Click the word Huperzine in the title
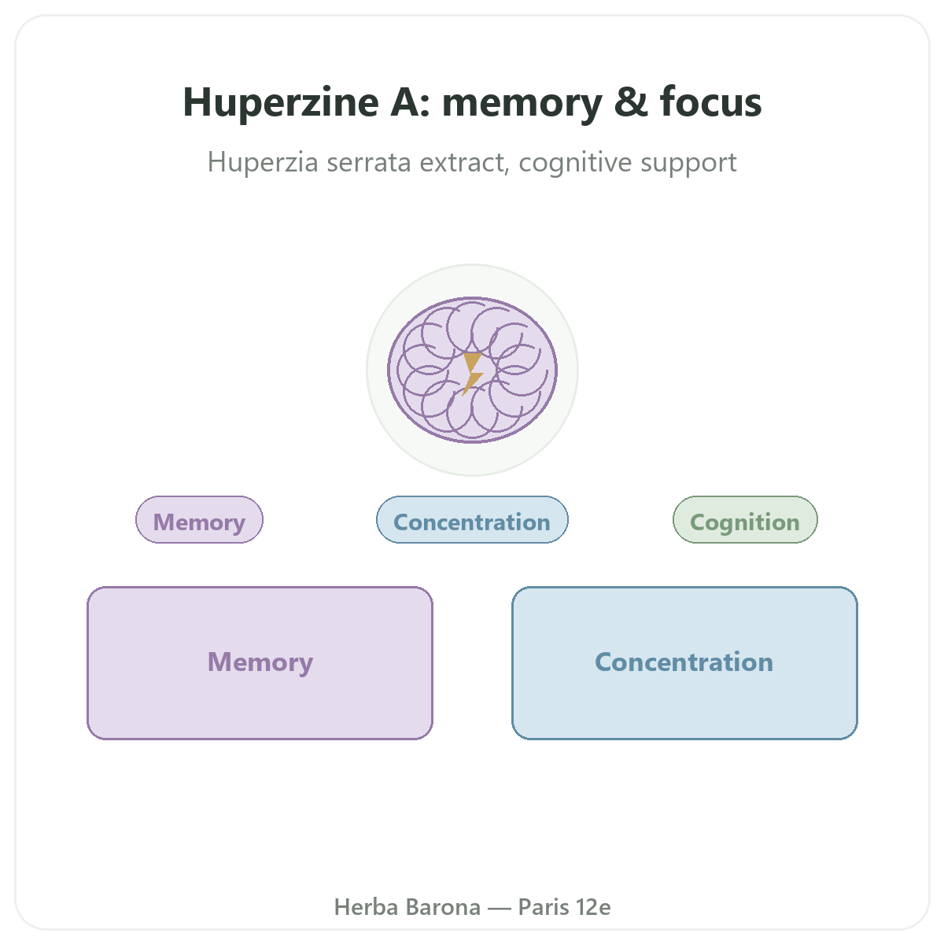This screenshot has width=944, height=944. point(281,102)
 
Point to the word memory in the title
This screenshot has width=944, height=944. point(522,105)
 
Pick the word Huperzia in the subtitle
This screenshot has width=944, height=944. point(263,163)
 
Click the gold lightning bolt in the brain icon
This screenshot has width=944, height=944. point(473,374)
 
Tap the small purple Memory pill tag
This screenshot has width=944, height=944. point(199,520)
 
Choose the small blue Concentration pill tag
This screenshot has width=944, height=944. point(472,520)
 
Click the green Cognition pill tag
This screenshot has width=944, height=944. point(745,520)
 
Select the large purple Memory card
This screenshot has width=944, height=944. point(260,663)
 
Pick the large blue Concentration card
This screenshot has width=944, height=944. point(684,663)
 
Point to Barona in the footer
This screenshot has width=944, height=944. point(444,907)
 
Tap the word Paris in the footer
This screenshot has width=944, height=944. point(544,907)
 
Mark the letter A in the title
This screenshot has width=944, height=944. point(407,102)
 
